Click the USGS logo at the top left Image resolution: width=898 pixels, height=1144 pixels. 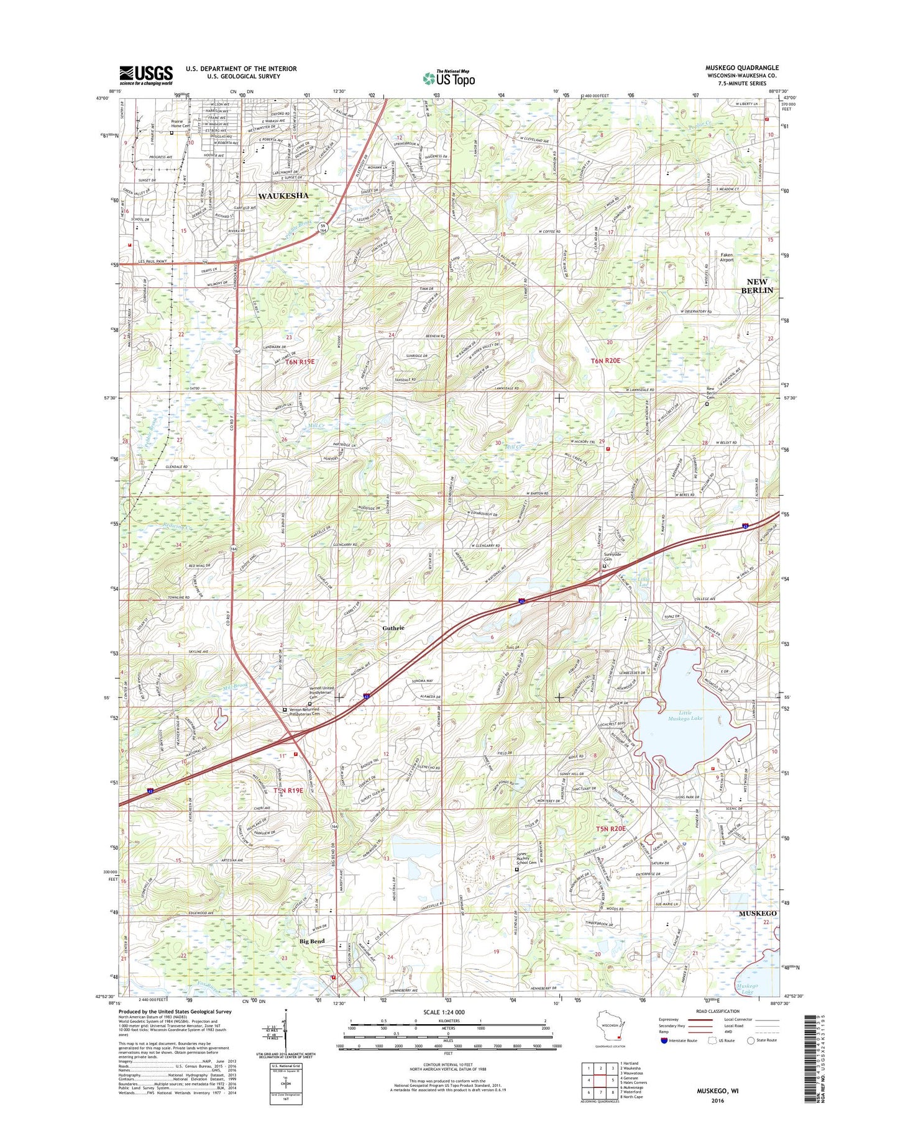click(x=146, y=75)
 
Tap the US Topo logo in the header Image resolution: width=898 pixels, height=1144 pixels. click(x=449, y=78)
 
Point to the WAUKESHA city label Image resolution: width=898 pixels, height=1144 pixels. click(x=283, y=196)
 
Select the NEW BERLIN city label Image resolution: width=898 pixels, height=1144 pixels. click(x=756, y=286)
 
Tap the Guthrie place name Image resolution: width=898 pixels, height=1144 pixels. click(x=393, y=628)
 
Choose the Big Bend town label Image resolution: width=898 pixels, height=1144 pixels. click(x=312, y=942)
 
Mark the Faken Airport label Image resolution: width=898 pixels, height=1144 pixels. click(x=726, y=257)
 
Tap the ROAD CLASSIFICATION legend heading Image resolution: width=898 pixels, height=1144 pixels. click(x=717, y=1011)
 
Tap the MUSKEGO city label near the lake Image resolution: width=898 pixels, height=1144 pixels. click(x=757, y=914)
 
